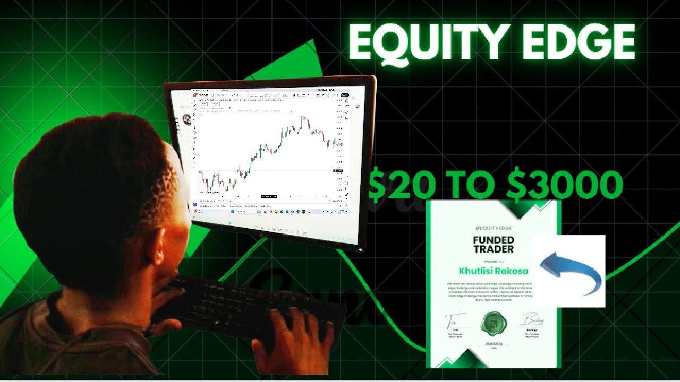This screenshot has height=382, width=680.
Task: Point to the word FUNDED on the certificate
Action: [x=494, y=240]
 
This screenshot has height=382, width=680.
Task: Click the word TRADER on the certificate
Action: [x=494, y=249]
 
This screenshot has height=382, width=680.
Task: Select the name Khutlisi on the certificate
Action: [x=478, y=271]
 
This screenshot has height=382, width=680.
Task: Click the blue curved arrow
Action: [x=571, y=270]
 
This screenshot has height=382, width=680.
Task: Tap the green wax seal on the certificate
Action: [x=494, y=324]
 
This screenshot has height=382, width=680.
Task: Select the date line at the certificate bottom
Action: [x=494, y=344]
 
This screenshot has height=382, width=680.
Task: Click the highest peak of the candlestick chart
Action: [x=303, y=117]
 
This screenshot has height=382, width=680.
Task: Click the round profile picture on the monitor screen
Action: [x=187, y=119]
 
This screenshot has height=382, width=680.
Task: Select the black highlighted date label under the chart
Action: [x=269, y=196]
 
